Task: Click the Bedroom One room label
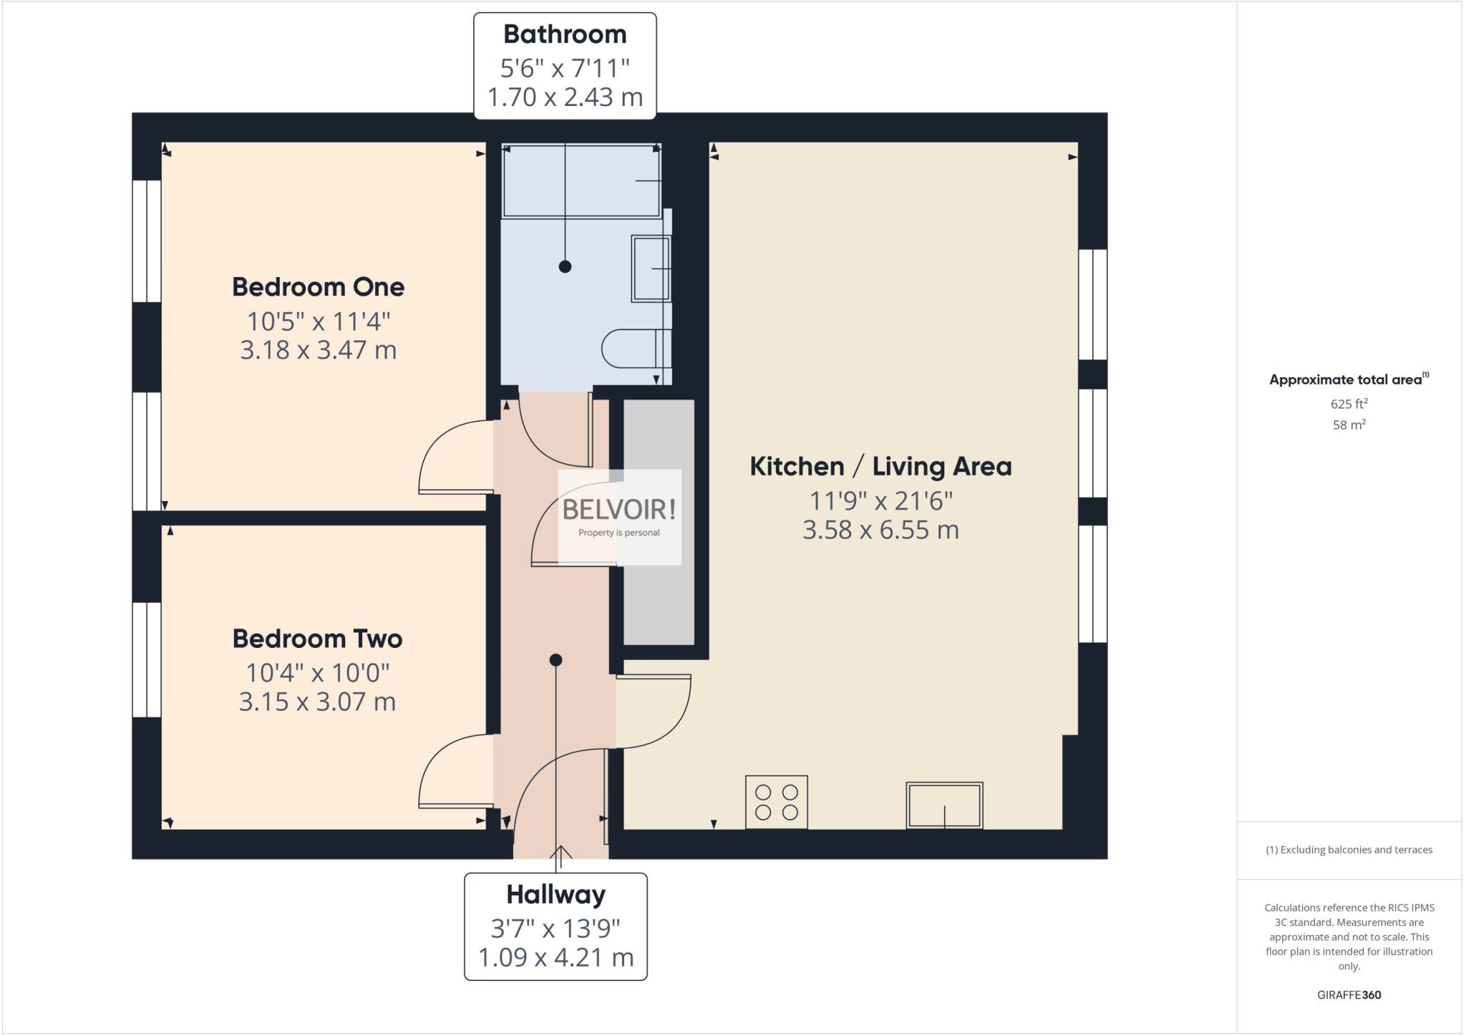(318, 287)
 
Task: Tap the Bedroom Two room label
(317, 639)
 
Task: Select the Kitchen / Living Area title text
(880, 467)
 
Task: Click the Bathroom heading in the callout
(565, 34)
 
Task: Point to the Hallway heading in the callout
(555, 895)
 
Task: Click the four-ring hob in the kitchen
(776, 802)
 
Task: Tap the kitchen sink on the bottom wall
(944, 805)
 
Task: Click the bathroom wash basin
(651, 268)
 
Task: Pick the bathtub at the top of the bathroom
(581, 180)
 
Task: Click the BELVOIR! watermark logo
(619, 510)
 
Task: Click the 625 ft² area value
(1349, 404)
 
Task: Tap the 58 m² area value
(1349, 425)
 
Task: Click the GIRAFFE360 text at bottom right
(1349, 994)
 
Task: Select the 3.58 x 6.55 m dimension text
(880, 531)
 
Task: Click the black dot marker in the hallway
(555, 660)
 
